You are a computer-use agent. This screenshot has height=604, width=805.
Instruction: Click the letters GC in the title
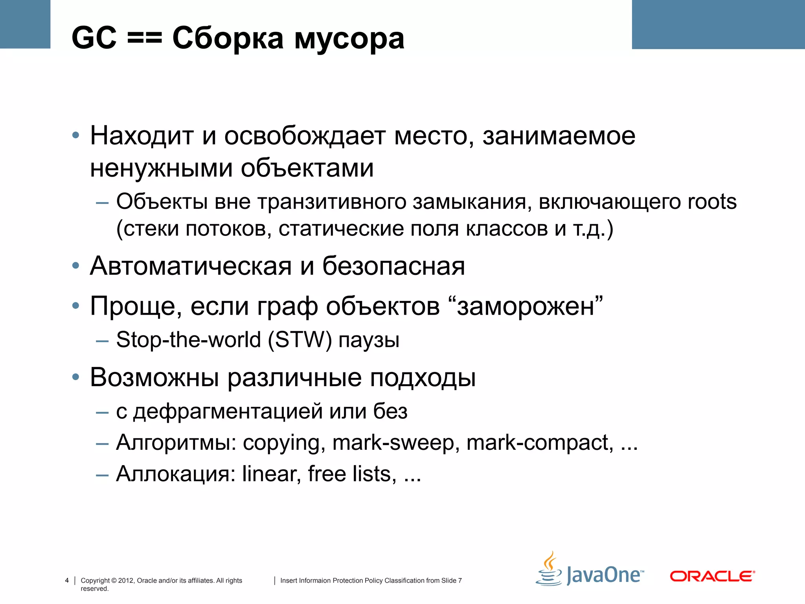click(94, 38)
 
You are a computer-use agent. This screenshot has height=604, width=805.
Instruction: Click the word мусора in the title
click(349, 39)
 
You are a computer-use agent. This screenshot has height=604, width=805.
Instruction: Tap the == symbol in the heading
click(145, 39)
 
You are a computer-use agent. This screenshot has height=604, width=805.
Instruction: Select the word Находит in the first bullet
click(142, 136)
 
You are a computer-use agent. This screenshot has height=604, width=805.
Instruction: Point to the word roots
click(712, 202)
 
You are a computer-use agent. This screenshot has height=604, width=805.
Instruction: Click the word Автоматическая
click(191, 266)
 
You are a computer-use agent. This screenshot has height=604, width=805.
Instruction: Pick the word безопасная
click(393, 266)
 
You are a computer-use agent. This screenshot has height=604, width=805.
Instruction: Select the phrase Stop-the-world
click(189, 340)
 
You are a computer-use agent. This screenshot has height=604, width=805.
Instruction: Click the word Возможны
click(154, 377)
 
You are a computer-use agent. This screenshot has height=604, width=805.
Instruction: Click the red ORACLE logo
click(712, 576)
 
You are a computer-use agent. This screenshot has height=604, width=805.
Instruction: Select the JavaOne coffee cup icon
click(549, 569)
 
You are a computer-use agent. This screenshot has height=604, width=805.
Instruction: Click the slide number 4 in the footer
click(67, 580)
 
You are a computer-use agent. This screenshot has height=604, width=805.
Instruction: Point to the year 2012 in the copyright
click(126, 580)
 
